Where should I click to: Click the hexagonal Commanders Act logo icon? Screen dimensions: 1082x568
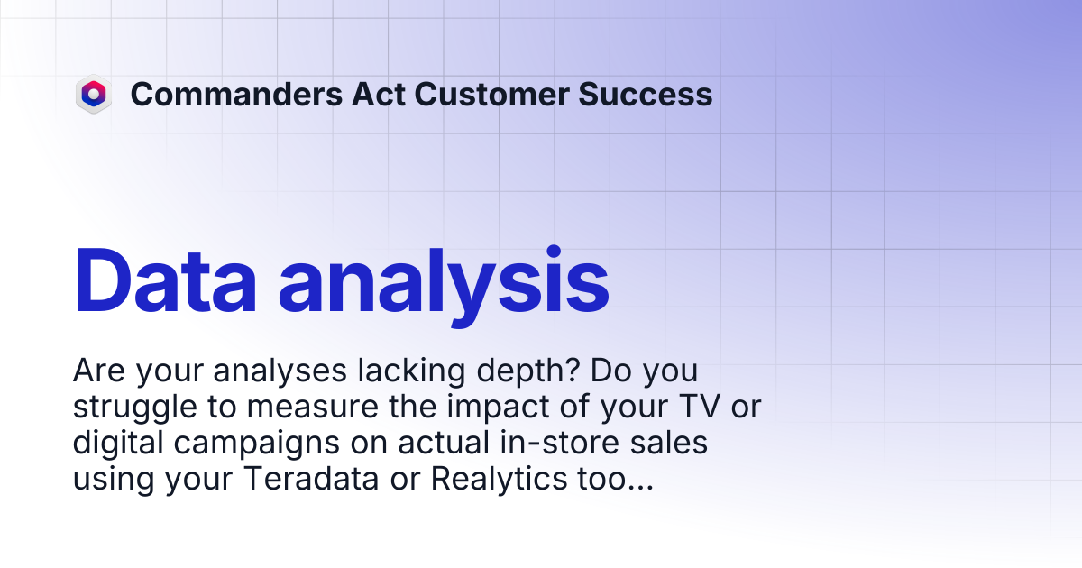[x=94, y=94]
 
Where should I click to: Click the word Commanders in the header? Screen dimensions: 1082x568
[x=236, y=94]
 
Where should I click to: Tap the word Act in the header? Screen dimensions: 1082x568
[x=379, y=94]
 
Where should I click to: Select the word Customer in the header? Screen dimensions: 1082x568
[x=491, y=94]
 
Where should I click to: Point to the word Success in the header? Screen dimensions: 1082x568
[x=646, y=94]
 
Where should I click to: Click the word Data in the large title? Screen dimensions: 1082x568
[x=165, y=281]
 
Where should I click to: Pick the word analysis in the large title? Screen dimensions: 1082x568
[x=444, y=286]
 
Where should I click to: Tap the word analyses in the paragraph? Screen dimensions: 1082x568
[x=280, y=371]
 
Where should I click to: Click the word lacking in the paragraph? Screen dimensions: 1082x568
[x=412, y=371]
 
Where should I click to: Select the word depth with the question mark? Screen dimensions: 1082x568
[x=528, y=371]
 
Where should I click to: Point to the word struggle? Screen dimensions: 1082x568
[x=134, y=408]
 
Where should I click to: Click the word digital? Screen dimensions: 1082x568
[x=118, y=444]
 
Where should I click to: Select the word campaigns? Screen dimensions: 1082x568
[x=256, y=444]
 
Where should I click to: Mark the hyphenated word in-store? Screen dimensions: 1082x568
[x=559, y=443]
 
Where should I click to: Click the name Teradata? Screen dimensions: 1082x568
[x=311, y=479]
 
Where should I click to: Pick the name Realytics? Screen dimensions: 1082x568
[x=499, y=480]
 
